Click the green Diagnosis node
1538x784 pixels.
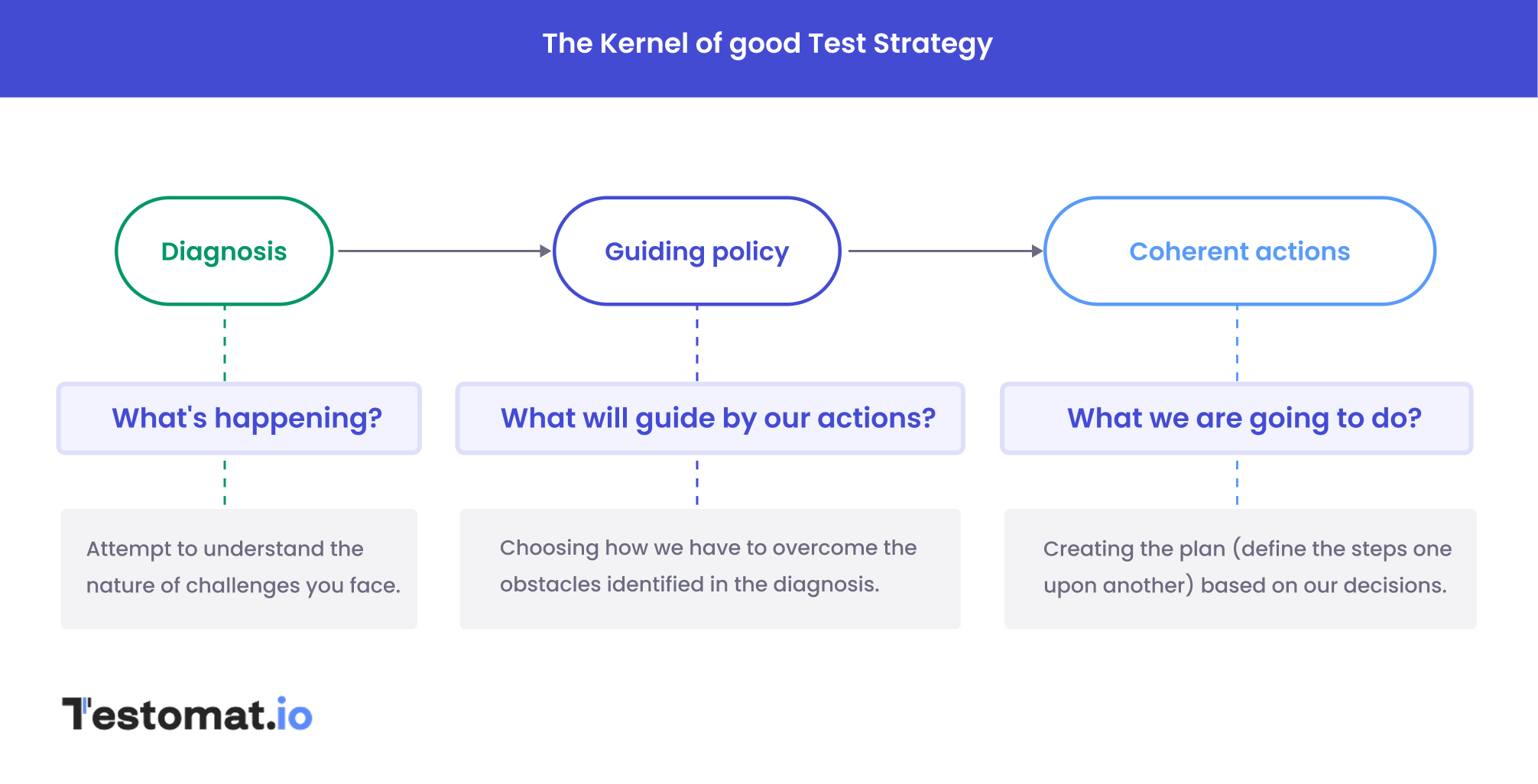(x=224, y=251)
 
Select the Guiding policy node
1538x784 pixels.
(x=696, y=251)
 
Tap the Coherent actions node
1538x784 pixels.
(x=1239, y=251)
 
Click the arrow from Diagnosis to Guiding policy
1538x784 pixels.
(x=443, y=251)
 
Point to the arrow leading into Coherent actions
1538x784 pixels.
(x=945, y=251)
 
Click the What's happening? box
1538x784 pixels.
(x=239, y=418)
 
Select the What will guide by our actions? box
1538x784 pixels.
(x=710, y=418)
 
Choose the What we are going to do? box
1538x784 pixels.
(x=1236, y=418)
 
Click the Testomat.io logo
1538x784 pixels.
(x=187, y=714)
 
